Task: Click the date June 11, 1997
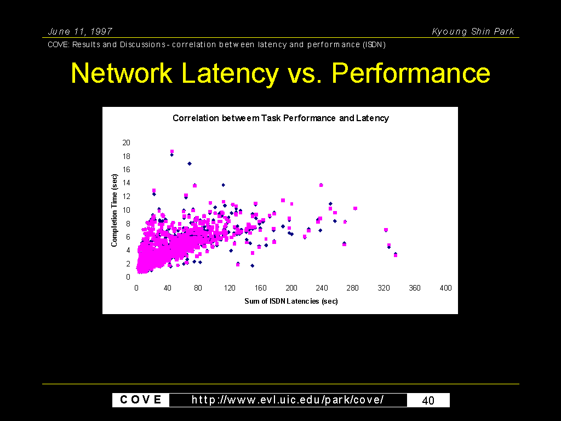[80, 31]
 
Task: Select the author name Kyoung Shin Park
[473, 31]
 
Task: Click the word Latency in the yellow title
[230, 73]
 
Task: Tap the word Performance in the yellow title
[411, 73]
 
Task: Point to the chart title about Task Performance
[281, 118]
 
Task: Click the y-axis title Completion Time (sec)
[114, 210]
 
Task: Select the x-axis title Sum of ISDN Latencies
[291, 301]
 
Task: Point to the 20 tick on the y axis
[127, 143]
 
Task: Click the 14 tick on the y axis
[127, 183]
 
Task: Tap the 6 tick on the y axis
[128, 237]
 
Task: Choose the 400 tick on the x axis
[445, 288]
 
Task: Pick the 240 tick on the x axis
[322, 288]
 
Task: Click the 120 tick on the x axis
[230, 288]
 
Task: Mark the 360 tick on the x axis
[415, 288]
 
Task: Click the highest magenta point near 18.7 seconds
[171, 151]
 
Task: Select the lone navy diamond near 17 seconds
[190, 163]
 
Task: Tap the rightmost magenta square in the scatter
[396, 255]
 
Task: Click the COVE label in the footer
[141, 400]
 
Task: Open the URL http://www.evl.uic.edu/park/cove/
[288, 400]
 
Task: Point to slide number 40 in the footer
[428, 400]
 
